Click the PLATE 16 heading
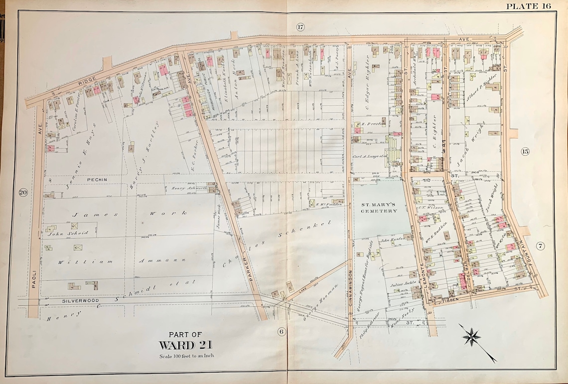pyautogui.click(x=529, y=6)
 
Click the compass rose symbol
pyautogui.click(x=471, y=337)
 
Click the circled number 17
pyautogui.click(x=299, y=27)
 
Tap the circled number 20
pyautogui.click(x=22, y=193)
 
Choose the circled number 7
pyautogui.click(x=541, y=246)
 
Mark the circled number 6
pyautogui.click(x=281, y=331)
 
